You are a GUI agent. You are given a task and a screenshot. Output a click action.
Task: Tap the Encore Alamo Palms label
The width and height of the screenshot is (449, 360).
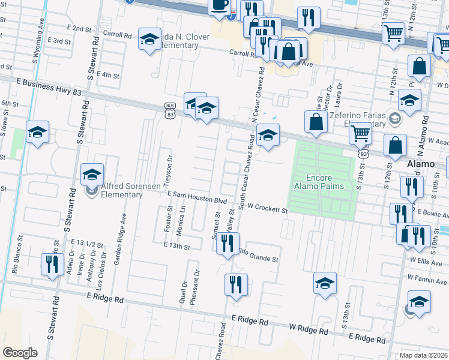[x=325, y=182]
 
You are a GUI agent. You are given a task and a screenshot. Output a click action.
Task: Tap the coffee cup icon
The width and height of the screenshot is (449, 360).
[x=218, y=5]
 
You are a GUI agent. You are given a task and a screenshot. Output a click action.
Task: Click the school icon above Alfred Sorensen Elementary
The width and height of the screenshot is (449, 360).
[x=92, y=175]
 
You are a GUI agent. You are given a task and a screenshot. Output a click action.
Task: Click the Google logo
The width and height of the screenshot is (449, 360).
[x=20, y=353]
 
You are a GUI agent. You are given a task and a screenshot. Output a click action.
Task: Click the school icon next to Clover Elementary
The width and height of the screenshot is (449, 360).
[x=149, y=40]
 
